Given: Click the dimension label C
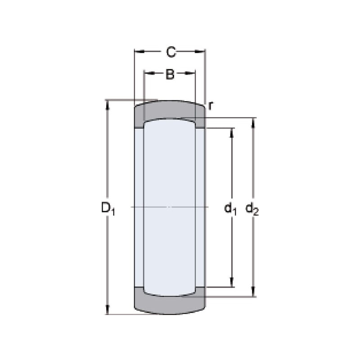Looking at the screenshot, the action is tap(171, 52).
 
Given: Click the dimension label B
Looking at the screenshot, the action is tap(170, 74).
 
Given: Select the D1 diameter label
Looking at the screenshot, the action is tap(108, 208).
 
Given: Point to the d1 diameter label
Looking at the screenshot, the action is tap(230, 208).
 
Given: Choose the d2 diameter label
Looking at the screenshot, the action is tap(252, 208).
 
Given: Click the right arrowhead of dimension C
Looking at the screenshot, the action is tap(200, 52).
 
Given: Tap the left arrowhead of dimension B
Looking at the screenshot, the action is tap(149, 73).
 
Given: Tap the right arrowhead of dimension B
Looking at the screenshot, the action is tap(190, 73).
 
